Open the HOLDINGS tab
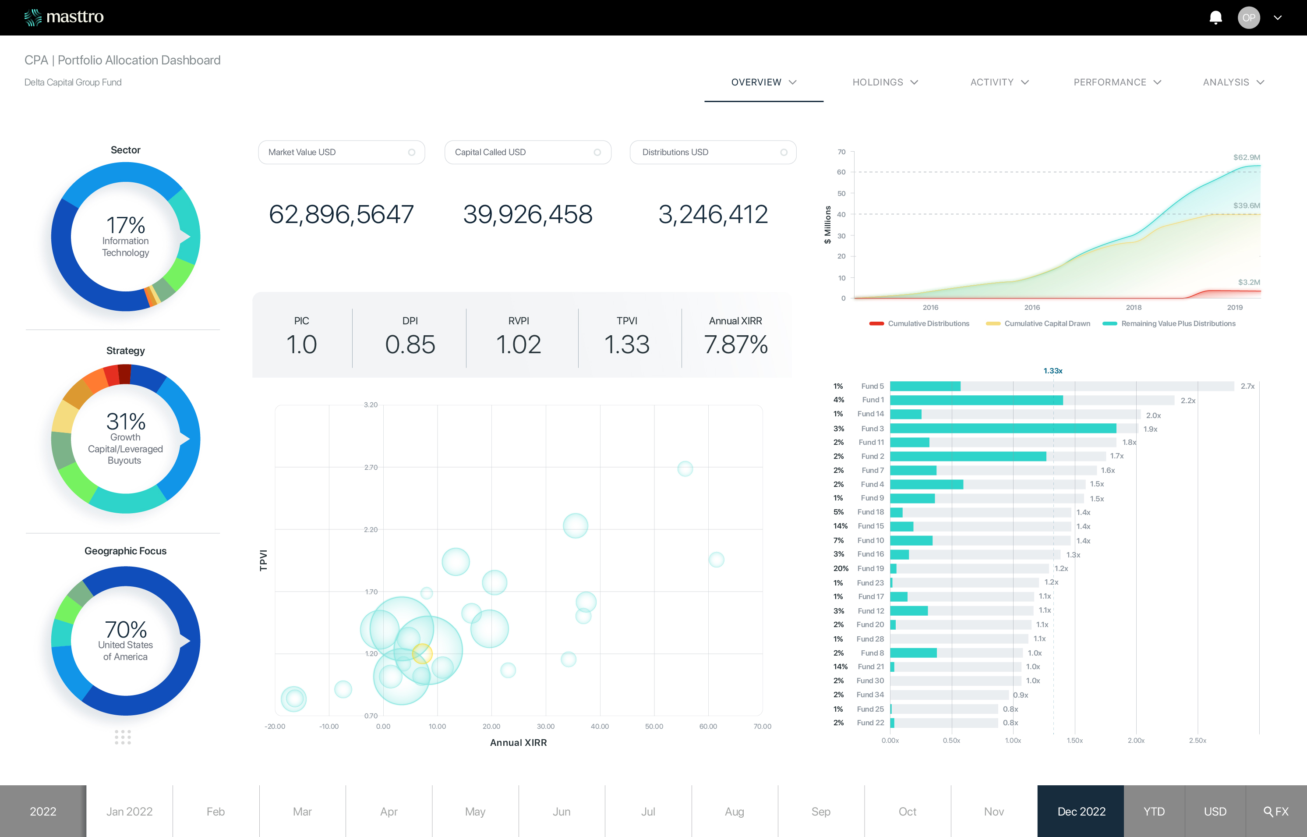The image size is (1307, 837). coord(884,82)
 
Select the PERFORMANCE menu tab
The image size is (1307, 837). coord(1116,82)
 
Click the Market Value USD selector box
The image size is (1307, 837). coord(341,152)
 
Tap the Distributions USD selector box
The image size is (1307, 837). coord(713,152)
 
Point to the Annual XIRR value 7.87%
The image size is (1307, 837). coord(735,344)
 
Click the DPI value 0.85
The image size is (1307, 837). coord(410,344)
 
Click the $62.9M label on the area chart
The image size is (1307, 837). coord(1246,157)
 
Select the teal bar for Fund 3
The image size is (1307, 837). coord(1003,428)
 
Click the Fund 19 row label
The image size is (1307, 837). coord(870,568)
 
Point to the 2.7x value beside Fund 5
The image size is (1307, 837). coord(1247,387)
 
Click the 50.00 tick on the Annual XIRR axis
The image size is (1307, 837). coord(654,726)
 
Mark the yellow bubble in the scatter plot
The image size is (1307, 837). coord(422,653)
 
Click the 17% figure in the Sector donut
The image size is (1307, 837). coord(125,225)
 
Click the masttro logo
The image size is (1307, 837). coord(64,18)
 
